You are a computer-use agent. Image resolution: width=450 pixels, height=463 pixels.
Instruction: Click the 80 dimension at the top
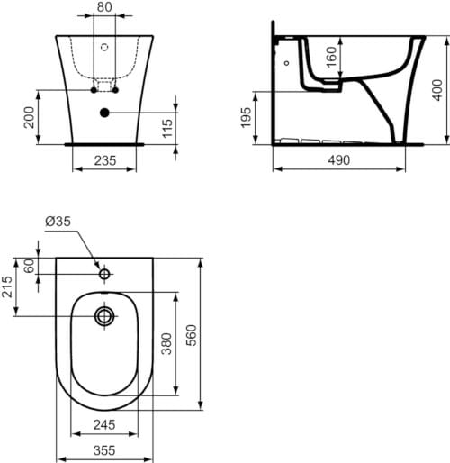[104, 7]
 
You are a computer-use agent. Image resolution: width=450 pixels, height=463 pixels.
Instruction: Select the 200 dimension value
[30, 117]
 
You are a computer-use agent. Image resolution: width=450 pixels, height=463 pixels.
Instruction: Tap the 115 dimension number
[167, 129]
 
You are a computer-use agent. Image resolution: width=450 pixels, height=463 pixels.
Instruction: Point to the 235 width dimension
[105, 160]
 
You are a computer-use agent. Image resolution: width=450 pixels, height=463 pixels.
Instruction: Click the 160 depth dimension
[331, 57]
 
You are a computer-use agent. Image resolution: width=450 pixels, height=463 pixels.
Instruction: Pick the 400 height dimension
[437, 90]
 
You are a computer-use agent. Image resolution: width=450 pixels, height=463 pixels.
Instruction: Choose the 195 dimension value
[246, 117]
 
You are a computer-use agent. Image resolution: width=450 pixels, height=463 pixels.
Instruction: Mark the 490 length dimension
[339, 160]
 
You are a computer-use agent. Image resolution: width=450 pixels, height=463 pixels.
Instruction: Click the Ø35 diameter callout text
[58, 222]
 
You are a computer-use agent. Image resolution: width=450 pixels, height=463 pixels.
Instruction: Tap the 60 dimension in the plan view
[30, 266]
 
